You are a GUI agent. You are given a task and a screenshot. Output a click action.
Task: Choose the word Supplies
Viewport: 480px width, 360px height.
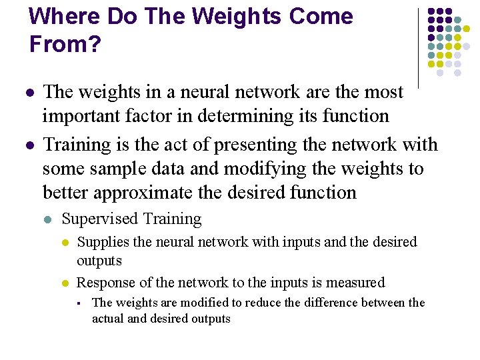point(99,241)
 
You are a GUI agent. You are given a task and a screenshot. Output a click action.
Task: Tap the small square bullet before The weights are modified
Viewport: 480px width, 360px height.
point(79,303)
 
